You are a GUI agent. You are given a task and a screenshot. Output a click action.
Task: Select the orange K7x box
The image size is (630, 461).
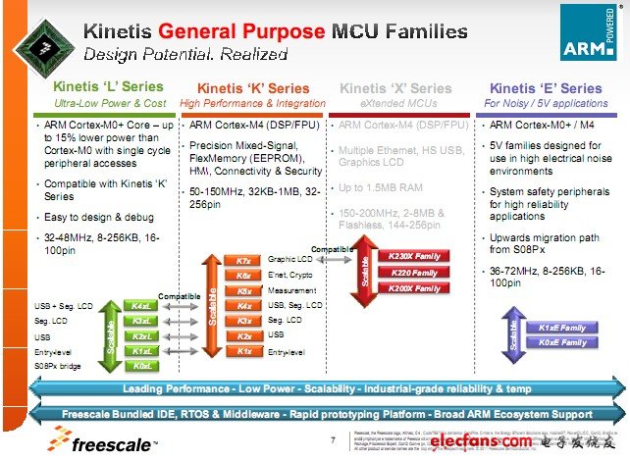(244, 260)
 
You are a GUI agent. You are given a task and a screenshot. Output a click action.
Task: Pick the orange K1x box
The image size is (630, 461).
(244, 350)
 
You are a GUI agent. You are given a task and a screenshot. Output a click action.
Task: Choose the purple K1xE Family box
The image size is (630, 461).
(562, 328)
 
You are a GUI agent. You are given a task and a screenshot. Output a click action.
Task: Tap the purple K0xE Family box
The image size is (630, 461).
(562, 342)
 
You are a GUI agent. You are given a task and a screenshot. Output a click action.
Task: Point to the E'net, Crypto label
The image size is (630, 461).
(289, 276)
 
